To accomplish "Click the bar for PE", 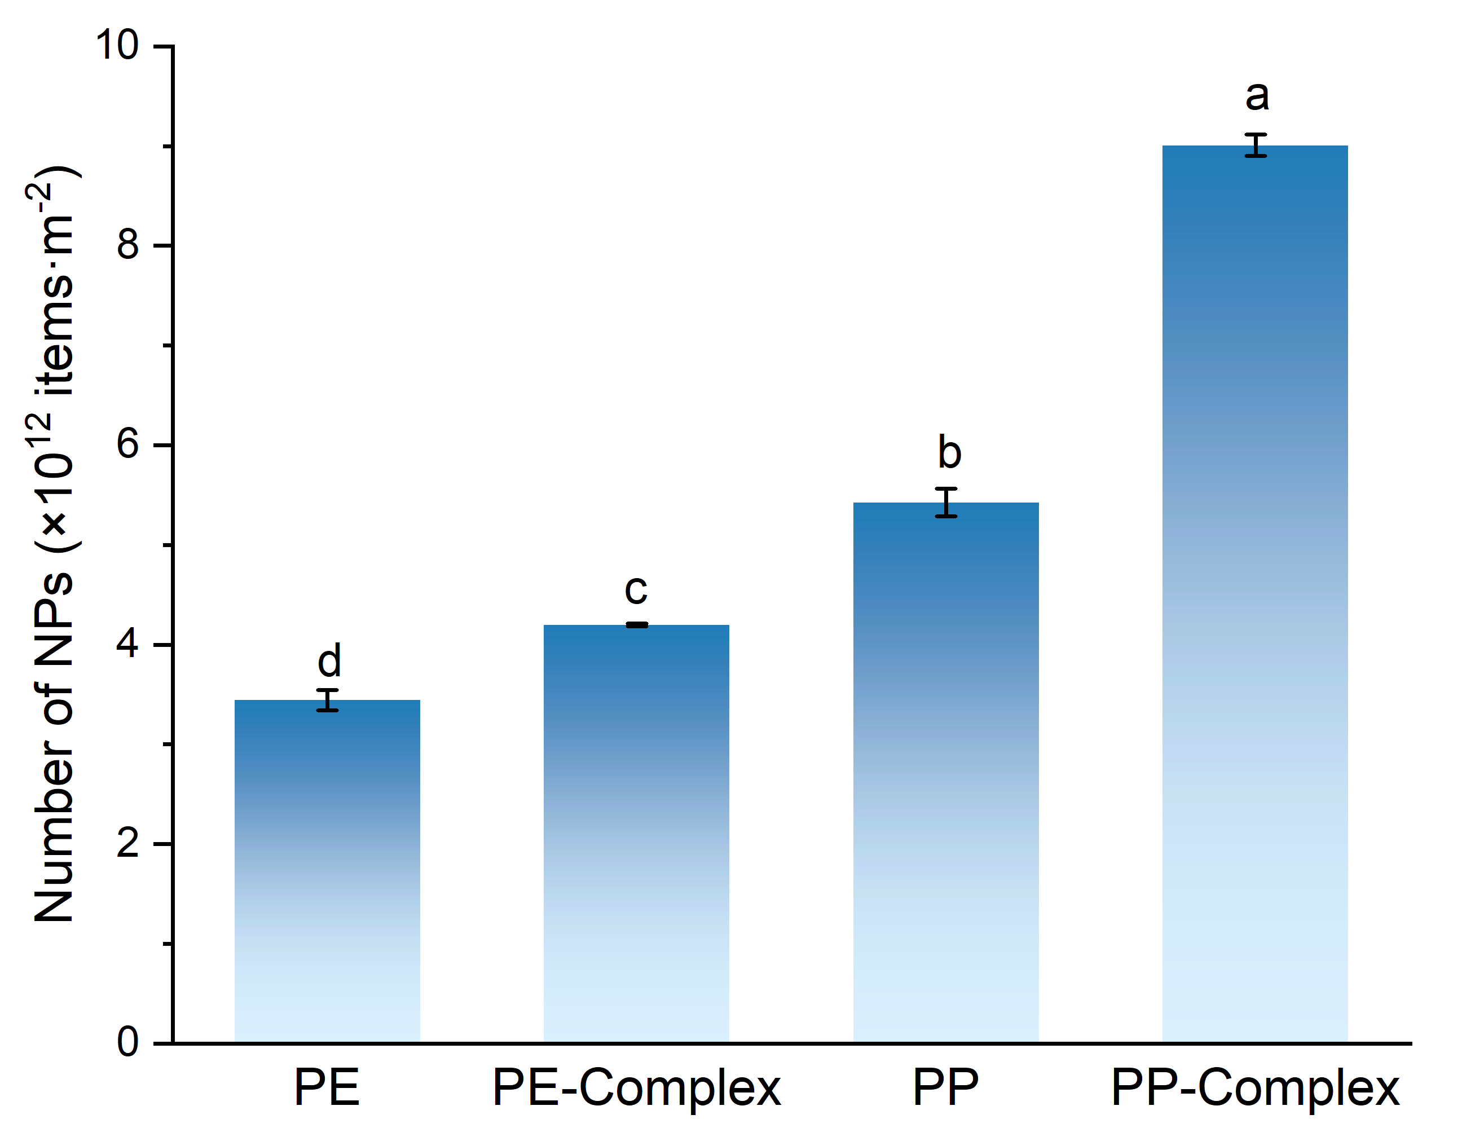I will click(327, 870).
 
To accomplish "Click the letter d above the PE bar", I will click(329, 660).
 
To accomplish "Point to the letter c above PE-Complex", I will click(636, 589).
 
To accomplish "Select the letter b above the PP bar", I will click(949, 452).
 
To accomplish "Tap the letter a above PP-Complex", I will click(1257, 96).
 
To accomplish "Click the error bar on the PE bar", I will click(327, 700).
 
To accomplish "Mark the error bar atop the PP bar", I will click(946, 503).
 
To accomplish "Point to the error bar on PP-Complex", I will click(1256, 145).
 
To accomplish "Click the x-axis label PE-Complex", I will click(636, 1088).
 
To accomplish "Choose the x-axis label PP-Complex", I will click(1255, 1088).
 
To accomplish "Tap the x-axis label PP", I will click(945, 1088).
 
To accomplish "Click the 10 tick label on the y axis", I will click(117, 46).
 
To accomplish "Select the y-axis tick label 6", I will click(127, 444).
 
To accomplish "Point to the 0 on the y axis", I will click(127, 1043).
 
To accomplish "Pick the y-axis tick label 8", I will click(127, 245).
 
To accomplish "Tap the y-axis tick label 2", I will click(127, 843).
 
